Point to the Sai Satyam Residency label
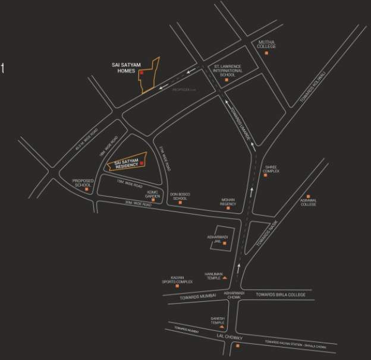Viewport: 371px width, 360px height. pos(122,163)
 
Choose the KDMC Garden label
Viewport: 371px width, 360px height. pos(154,194)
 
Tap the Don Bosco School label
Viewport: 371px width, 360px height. pos(180,196)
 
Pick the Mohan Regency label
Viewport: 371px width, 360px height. pos(228,202)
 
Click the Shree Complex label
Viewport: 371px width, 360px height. pos(271,169)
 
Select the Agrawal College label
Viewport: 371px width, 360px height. pos(308,203)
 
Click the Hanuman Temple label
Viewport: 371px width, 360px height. pos(213,276)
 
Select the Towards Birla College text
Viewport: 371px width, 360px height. pos(280,295)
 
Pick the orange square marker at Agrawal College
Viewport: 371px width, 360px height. pos(308,196)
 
